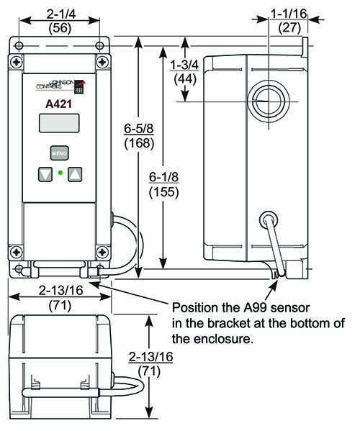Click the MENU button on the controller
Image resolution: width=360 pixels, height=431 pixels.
pos(58,153)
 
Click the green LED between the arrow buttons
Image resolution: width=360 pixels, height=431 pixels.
pos(60,173)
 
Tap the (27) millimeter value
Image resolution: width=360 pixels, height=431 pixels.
pos(290,27)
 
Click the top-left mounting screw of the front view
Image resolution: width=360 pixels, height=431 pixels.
pos(17,48)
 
